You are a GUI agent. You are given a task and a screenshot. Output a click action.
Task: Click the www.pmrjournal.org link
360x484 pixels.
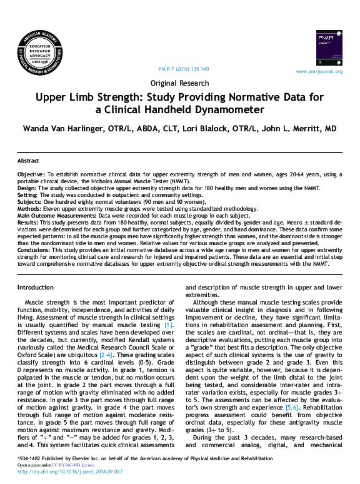point(319,72)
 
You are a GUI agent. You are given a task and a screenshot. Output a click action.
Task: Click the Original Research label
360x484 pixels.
point(179,83)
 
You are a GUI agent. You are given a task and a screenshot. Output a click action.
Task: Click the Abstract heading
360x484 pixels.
point(28,161)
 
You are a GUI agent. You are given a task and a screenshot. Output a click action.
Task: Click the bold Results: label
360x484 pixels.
point(28,222)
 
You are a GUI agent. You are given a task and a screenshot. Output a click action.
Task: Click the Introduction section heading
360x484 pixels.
point(36,288)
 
